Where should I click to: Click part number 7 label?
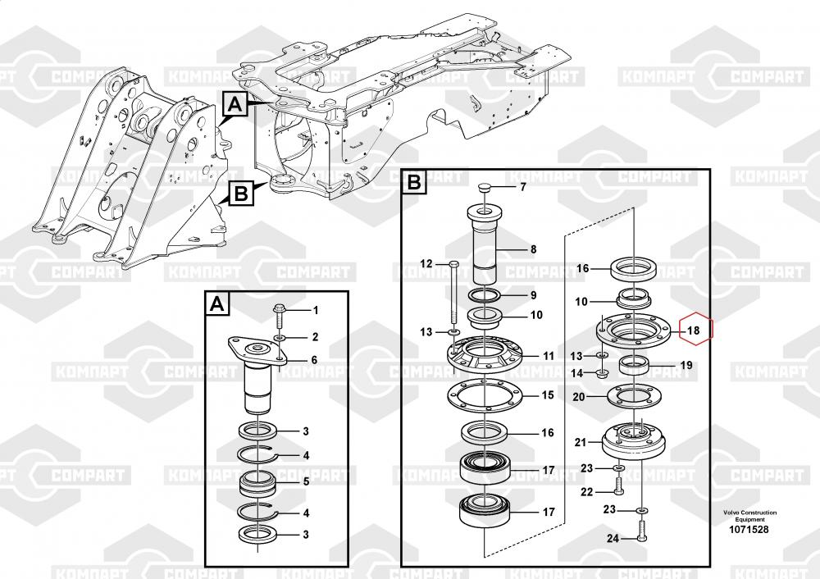pos(522,187)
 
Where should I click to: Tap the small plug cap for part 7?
pos(485,187)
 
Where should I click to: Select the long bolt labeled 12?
pos(453,293)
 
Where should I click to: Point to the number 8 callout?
pos(534,249)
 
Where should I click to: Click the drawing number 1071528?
pos(749,529)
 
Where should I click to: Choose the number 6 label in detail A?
pos(314,360)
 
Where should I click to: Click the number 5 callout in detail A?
pos(307,481)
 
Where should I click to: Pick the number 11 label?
pos(548,356)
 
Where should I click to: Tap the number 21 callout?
pos(581,443)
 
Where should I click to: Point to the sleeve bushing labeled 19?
pos(635,365)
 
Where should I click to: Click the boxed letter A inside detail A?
pos(217,304)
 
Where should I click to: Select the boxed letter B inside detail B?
pos(413,181)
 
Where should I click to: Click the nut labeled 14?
pos(603,373)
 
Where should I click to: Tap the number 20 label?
pos(578,397)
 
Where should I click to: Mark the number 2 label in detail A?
pos(315,337)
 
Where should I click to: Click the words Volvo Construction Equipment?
pos(750,516)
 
